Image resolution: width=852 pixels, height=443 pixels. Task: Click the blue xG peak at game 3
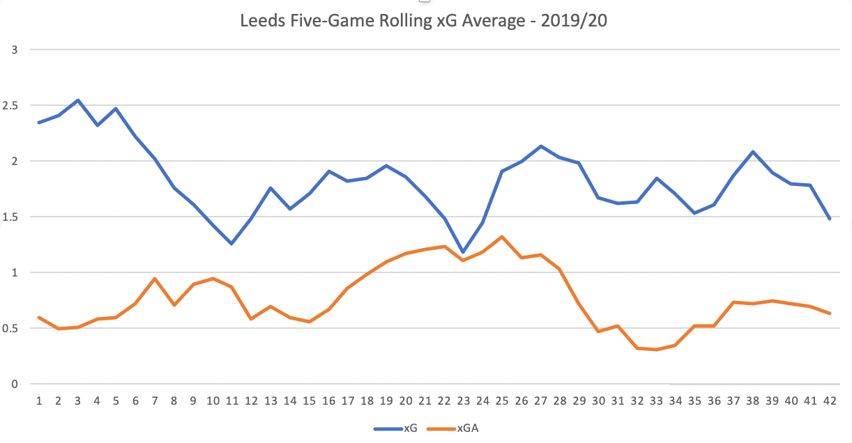78,100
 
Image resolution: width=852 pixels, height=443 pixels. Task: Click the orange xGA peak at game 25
502,237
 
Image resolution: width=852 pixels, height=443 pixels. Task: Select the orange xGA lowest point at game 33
656,350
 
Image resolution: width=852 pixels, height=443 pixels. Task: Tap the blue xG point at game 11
231,244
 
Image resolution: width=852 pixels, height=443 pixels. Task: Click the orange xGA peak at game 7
155,279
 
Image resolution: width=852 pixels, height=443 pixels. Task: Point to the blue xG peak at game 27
540,146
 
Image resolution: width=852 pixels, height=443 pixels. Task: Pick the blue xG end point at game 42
830,219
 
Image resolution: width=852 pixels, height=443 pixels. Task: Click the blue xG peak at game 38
753,152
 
